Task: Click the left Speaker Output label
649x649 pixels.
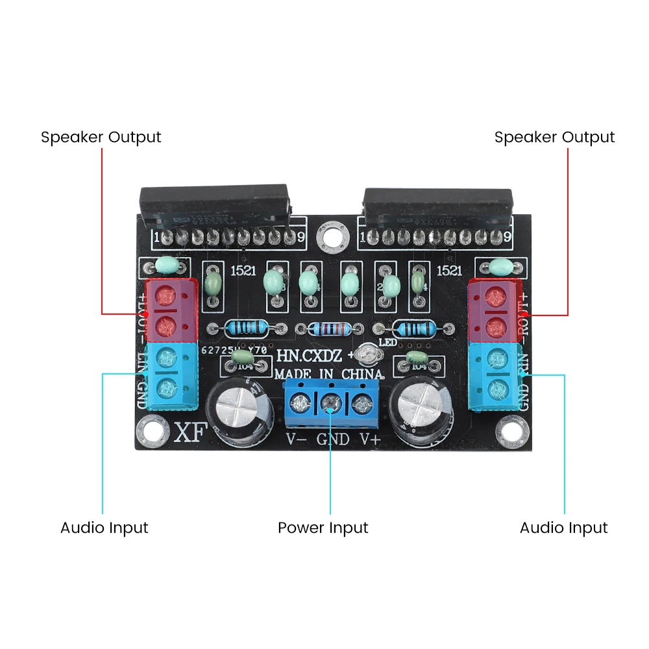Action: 101,138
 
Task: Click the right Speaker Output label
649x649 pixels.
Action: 554,138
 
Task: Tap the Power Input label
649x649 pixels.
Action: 323,528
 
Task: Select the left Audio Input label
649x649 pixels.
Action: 104,528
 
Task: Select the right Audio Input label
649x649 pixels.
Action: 563,528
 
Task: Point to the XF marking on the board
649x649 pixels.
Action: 189,434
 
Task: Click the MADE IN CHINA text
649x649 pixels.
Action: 328,374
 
